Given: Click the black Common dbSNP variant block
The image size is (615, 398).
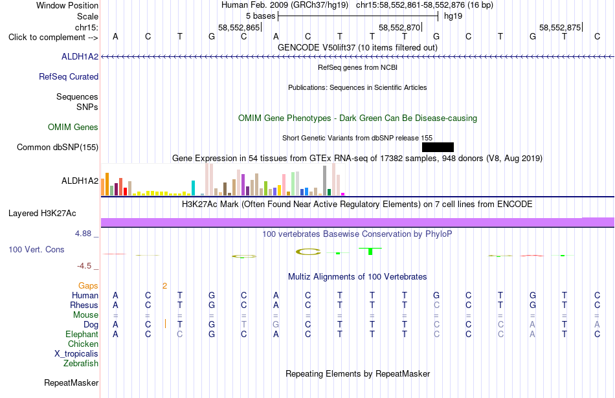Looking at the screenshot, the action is (x=438, y=147).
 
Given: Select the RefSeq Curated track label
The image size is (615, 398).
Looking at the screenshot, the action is (x=69, y=77).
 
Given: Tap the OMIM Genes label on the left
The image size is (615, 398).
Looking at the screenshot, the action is (x=73, y=127).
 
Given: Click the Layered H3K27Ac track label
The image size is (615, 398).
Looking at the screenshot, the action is (x=42, y=214).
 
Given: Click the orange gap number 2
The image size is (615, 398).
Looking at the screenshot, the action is (x=164, y=286).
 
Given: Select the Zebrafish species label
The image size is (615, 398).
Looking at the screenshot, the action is (x=81, y=364).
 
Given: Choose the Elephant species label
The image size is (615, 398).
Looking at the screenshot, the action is (x=82, y=335).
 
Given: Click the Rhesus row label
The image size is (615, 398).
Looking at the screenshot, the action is (x=84, y=305).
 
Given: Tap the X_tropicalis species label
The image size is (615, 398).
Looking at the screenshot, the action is (x=76, y=354).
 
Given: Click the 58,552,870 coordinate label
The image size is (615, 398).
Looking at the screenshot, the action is (x=399, y=27).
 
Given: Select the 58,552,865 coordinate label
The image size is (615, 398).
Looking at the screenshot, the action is (x=239, y=27).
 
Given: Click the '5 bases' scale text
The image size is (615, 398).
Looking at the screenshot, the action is (x=260, y=16).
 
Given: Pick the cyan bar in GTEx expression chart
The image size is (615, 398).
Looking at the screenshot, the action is (x=193, y=188).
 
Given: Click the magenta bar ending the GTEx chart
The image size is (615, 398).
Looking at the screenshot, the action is (x=343, y=194).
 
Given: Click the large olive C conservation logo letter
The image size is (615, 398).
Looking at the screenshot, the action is (x=308, y=252).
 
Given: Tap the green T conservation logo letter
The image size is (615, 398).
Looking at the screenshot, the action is (x=370, y=251).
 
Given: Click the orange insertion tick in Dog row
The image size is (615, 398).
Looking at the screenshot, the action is (x=166, y=324).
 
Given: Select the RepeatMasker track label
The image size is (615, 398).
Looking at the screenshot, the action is (x=71, y=382).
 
